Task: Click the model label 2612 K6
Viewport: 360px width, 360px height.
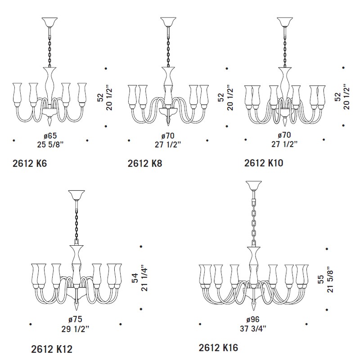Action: [30, 163]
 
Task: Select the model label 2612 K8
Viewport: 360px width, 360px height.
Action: [145, 163]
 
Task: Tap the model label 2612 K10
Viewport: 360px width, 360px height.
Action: [264, 163]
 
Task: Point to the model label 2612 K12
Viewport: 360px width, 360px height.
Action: [52, 350]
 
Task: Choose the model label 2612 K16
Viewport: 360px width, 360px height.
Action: [218, 348]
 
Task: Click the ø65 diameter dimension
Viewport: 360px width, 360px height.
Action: [50, 135]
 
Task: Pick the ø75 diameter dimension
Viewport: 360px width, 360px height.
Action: [75, 319]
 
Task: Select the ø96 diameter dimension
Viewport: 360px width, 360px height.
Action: [253, 319]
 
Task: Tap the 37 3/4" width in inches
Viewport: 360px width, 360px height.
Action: [253, 329]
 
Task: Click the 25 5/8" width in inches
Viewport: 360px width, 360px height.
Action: [50, 144]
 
